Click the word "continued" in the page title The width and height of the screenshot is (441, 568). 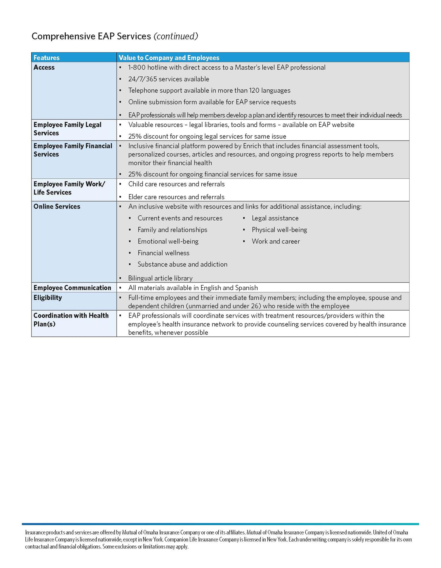(176, 36)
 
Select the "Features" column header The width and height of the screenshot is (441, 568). (47, 58)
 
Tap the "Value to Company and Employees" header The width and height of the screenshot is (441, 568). (169, 58)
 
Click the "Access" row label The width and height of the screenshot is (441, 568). (44, 67)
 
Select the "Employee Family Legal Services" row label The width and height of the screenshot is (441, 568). (67, 129)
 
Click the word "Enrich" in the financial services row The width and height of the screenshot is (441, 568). (252, 146)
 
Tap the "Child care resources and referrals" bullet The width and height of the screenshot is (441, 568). (176, 184)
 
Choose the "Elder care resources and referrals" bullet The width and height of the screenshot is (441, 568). (176, 197)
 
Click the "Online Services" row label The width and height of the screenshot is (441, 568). (57, 206)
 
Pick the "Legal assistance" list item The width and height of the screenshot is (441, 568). (275, 218)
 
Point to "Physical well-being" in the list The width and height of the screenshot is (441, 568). (279, 230)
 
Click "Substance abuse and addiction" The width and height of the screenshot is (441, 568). (182, 264)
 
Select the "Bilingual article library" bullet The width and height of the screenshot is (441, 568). (160, 278)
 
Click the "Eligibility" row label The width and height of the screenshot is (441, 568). (48, 298)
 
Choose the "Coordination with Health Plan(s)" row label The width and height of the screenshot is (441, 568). (71, 320)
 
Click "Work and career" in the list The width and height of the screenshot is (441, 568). (276, 241)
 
